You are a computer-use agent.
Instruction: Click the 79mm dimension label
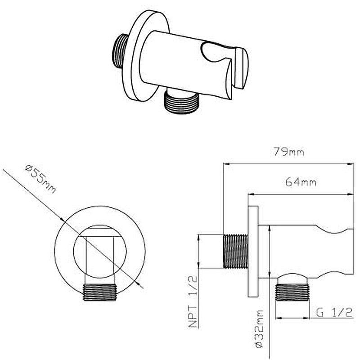288,152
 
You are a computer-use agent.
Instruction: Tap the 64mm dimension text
301,182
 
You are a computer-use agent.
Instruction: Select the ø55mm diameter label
40,179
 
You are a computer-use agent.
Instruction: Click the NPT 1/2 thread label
193,301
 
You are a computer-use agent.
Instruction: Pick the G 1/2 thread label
334,312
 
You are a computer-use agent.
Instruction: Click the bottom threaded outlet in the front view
99,292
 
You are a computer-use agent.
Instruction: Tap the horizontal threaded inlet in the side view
235,251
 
